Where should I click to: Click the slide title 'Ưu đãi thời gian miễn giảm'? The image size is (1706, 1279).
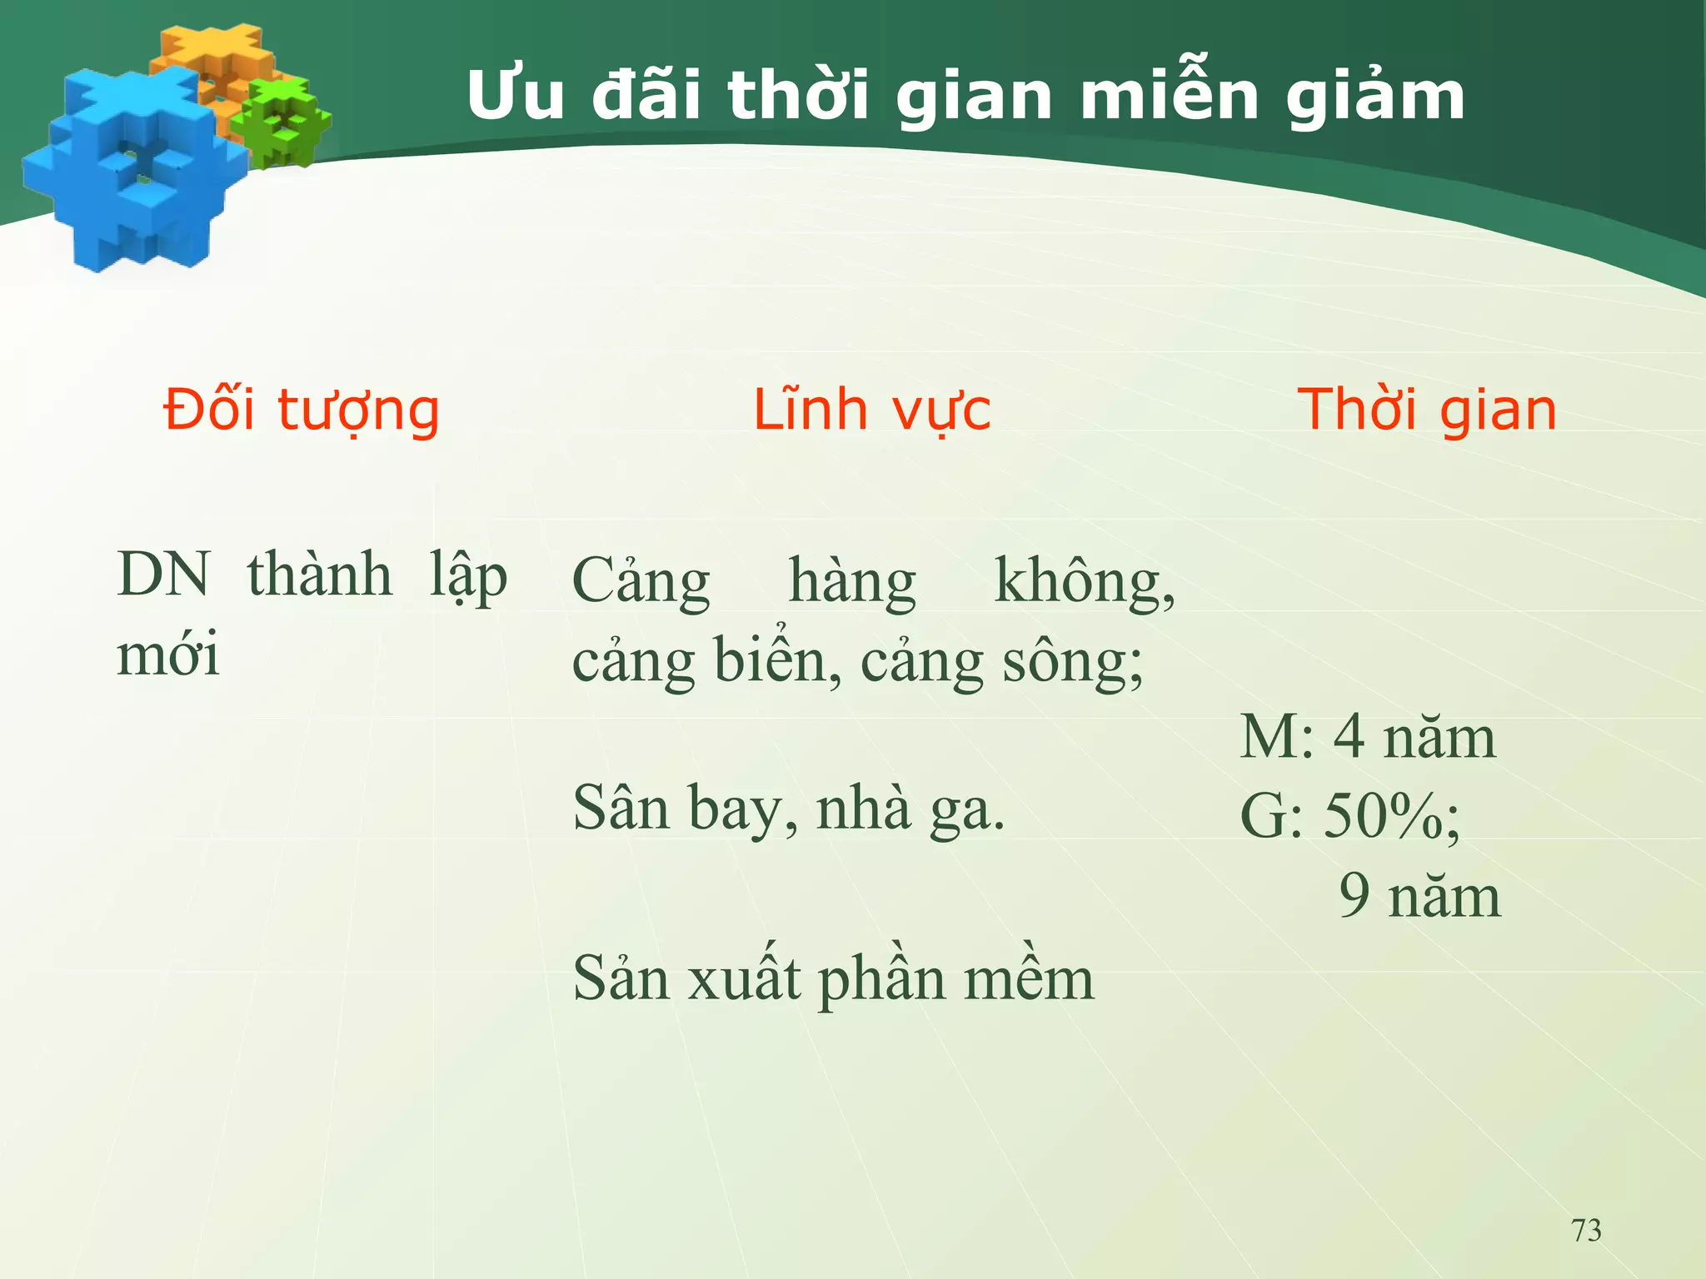pos(965,96)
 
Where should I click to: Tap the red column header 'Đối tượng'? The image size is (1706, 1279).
pos(301,411)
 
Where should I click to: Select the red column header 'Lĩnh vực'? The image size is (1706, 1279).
pos(871,411)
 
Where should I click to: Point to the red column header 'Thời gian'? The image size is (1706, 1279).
pos(1427,411)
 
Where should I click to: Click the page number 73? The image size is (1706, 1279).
pos(1586,1230)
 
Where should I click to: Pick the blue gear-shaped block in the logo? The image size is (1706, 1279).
pos(133,171)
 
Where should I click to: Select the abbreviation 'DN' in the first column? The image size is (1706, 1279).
pos(164,575)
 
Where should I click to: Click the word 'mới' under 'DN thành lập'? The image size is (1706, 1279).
pos(168,654)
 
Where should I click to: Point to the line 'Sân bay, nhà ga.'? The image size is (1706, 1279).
pos(789,809)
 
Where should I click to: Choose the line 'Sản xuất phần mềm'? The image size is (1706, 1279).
pos(833,978)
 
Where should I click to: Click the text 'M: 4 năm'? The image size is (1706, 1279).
pos(1368,738)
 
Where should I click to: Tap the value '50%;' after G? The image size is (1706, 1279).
pos(1391,816)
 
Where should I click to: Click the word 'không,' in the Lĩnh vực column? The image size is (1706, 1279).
pos(1085,580)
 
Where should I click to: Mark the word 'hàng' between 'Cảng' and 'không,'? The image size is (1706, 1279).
pos(852,580)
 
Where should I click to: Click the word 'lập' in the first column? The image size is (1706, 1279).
pos(468,576)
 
